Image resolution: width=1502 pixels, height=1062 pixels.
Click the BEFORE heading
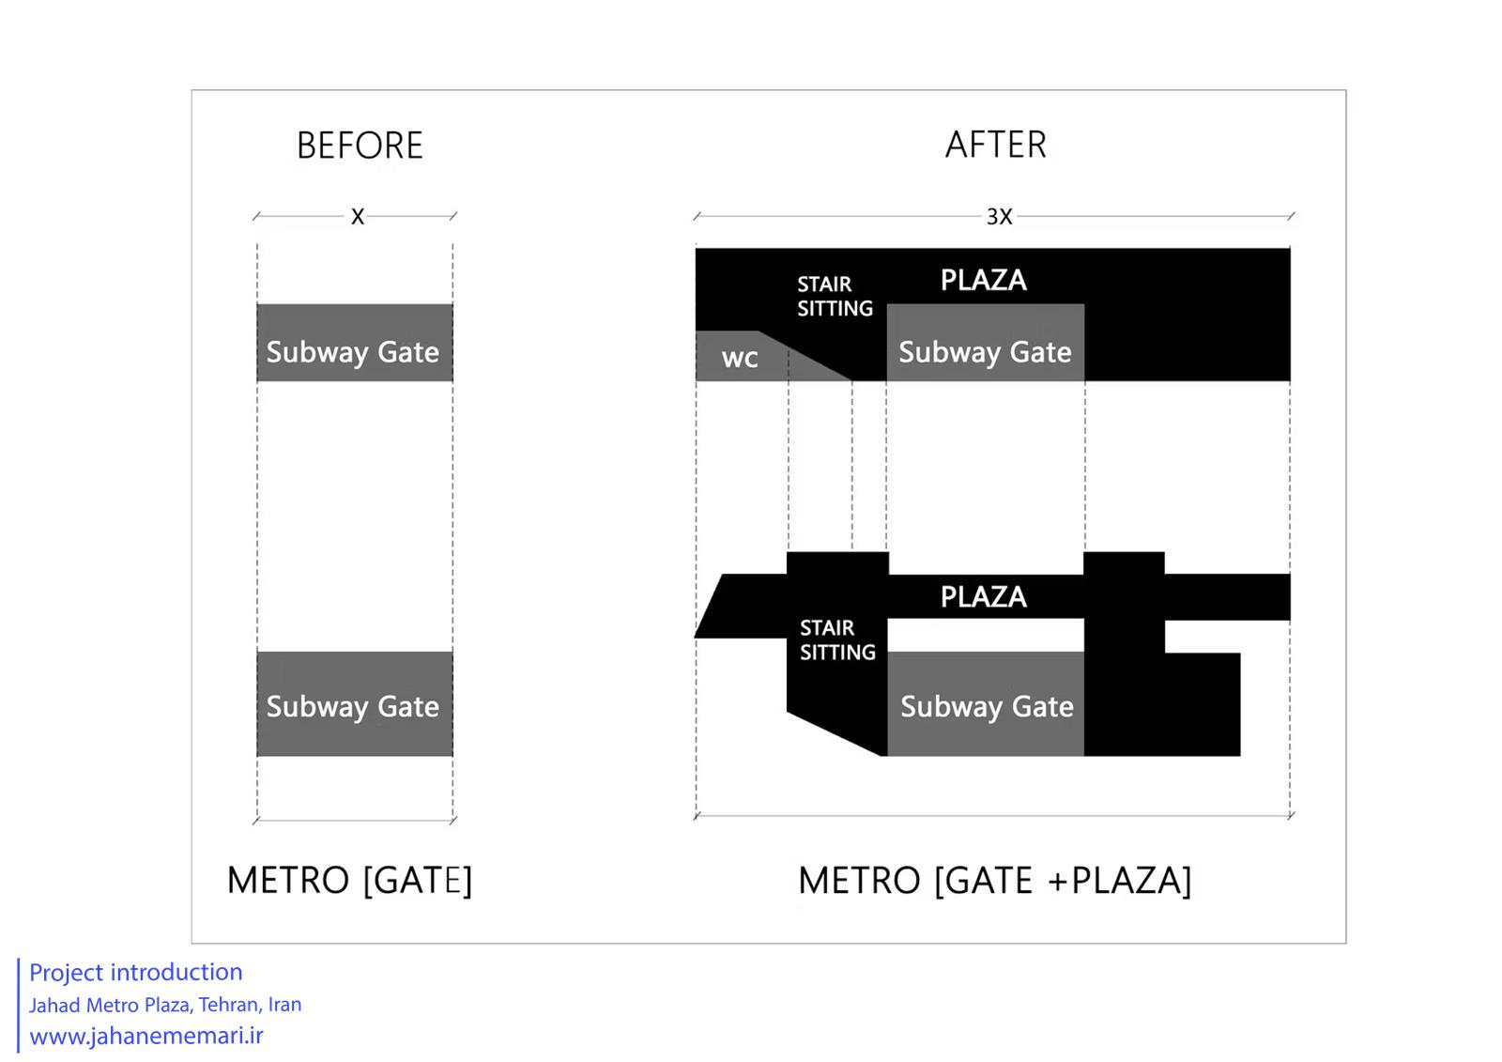point(360,145)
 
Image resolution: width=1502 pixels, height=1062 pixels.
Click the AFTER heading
point(996,145)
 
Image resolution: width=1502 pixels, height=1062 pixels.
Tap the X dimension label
point(358,217)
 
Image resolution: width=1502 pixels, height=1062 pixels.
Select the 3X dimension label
point(999,217)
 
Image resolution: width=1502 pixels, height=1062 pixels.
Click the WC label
point(740,359)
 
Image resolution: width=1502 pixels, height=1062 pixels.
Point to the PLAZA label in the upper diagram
point(983,281)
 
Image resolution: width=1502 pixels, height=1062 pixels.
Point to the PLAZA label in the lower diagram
point(983,597)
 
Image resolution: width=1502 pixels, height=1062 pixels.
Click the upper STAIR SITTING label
point(835,297)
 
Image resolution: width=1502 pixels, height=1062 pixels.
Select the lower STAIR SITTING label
point(837,640)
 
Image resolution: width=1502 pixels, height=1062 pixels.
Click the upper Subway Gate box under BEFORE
point(355,343)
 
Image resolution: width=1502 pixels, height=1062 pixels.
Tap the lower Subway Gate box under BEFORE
point(355,703)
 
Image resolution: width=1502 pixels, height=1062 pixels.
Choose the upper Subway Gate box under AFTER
point(986,343)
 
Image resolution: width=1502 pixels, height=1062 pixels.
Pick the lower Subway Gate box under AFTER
point(986,703)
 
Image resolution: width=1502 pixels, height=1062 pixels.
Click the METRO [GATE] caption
point(349,880)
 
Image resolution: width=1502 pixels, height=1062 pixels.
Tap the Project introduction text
point(135,972)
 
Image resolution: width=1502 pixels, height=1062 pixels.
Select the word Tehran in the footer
point(230,1005)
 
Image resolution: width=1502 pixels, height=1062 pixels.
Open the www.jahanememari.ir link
point(146,1036)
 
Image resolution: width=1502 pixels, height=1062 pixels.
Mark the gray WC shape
point(744,357)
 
